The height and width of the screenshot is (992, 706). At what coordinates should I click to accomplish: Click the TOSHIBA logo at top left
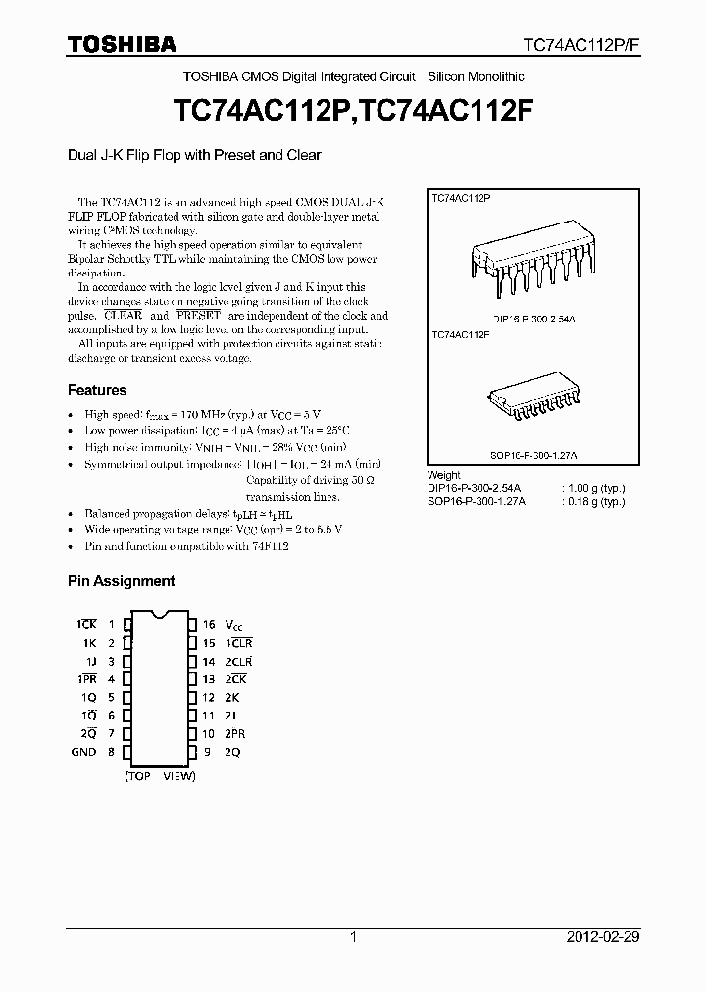[x=122, y=44]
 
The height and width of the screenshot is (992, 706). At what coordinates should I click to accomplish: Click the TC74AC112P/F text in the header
[x=580, y=45]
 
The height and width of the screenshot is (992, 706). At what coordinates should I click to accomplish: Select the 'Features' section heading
[x=97, y=390]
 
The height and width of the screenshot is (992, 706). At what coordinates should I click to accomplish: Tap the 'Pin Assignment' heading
[x=121, y=581]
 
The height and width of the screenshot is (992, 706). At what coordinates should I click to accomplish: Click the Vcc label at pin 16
[x=233, y=625]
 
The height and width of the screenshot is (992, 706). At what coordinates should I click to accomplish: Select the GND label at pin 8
[x=83, y=752]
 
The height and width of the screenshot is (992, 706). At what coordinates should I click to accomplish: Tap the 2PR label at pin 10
[x=235, y=734]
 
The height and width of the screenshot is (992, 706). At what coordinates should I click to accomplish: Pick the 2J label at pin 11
[x=231, y=716]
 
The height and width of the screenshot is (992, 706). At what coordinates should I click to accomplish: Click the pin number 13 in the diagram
[x=209, y=679]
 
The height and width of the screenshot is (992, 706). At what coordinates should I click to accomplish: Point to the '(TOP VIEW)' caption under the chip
[x=160, y=776]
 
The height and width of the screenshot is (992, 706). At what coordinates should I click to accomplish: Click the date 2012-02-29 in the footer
[x=603, y=937]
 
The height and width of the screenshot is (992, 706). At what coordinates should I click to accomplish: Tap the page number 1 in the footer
[x=353, y=937]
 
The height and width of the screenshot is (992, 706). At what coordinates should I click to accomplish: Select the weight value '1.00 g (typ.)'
[x=592, y=487]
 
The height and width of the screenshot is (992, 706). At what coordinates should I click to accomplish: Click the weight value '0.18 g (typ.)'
[x=592, y=500]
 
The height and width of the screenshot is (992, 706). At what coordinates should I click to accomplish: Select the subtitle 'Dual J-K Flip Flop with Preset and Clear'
[x=194, y=155]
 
